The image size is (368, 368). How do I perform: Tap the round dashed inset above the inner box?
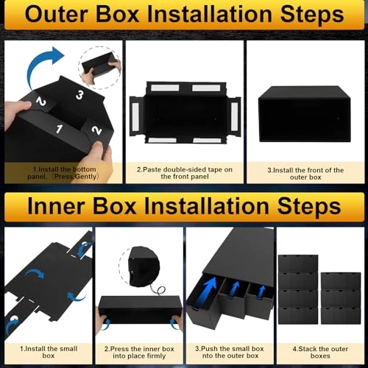139,261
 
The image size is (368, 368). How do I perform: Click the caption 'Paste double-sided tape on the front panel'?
184,173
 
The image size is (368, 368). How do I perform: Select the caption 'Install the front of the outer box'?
306,173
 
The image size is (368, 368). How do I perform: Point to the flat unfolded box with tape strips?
183,112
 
